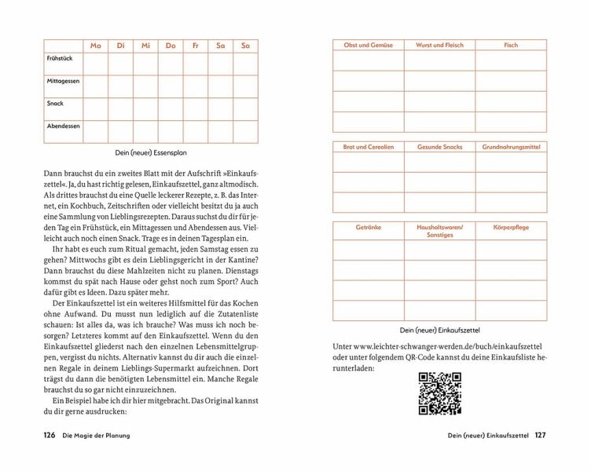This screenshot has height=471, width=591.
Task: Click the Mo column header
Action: click(x=96, y=46)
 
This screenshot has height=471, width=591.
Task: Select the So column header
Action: click(x=245, y=46)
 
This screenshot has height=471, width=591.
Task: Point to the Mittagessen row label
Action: click(x=64, y=81)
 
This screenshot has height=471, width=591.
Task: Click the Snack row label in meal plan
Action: click(x=55, y=103)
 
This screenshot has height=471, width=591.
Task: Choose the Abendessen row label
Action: click(x=64, y=126)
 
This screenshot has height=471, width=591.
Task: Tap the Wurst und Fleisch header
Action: click(x=439, y=46)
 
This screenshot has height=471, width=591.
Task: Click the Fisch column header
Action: click(x=511, y=46)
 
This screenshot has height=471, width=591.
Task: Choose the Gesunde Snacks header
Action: click(x=439, y=147)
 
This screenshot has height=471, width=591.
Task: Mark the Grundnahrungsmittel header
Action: click(x=511, y=147)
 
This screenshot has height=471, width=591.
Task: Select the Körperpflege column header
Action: click(x=511, y=227)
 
